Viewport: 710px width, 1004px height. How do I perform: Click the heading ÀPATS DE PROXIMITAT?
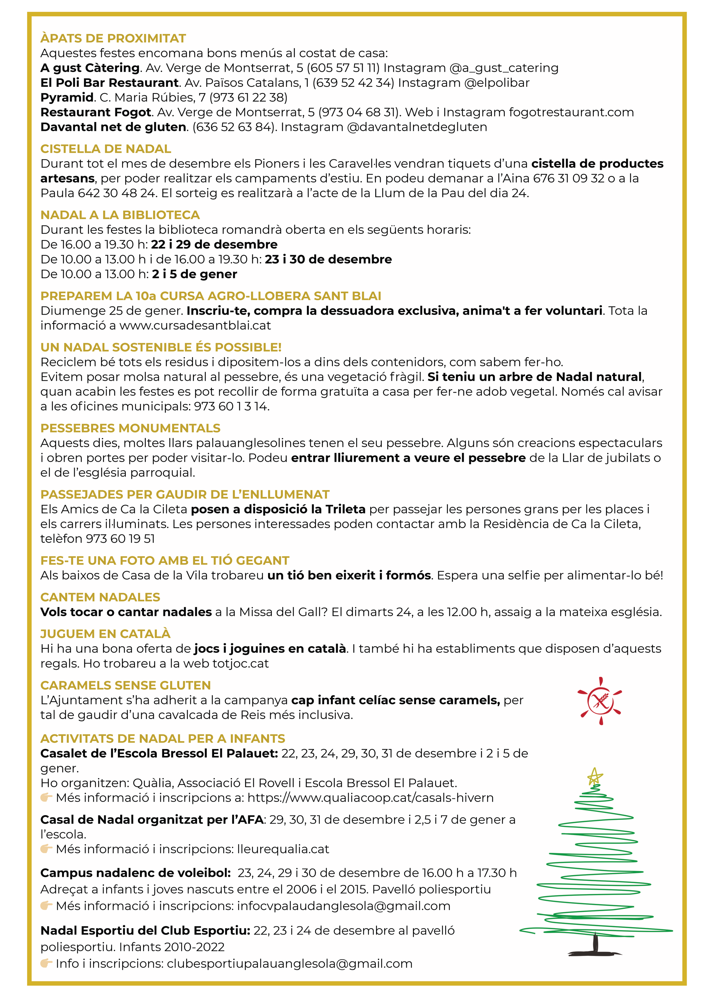113,38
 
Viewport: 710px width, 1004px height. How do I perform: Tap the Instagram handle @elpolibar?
497,83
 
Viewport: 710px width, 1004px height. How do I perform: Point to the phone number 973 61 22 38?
248,98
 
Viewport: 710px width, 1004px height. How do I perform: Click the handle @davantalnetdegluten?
417,127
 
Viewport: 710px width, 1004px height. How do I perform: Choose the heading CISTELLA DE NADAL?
105,149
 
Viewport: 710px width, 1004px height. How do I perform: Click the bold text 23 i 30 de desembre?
328,259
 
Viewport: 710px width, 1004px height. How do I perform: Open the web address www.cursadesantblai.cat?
195,326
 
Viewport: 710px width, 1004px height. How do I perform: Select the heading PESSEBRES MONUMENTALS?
131,428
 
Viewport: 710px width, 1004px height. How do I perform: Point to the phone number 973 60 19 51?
120,539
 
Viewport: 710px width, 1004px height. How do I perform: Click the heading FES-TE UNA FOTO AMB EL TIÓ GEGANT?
165,561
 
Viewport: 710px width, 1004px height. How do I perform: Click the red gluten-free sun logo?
600,701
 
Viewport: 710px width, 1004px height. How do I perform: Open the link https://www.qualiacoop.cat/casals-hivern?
370,798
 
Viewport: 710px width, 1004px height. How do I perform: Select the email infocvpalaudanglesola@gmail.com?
344,906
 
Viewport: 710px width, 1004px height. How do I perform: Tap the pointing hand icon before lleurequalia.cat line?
46,849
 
